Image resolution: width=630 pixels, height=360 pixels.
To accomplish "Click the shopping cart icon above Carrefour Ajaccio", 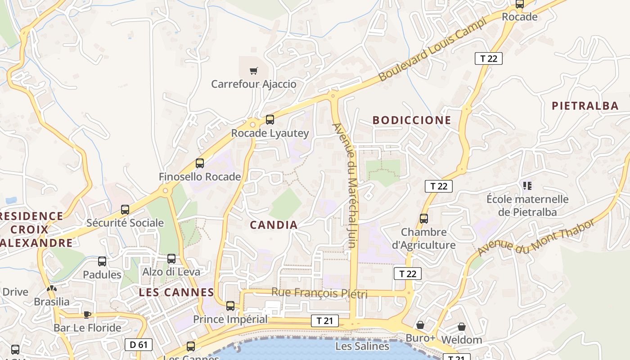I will tap(254, 71).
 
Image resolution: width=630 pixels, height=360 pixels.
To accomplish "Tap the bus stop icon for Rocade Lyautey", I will tap(270, 120).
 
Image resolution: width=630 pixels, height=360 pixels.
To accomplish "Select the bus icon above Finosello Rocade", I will tap(200, 163).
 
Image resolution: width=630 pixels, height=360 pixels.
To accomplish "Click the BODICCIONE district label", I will tap(412, 120).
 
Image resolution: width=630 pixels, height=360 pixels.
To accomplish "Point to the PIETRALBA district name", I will tap(585, 106).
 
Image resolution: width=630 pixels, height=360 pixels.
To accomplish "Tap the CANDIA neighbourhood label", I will tap(274, 225).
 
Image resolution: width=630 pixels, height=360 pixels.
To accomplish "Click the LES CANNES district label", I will tap(176, 292).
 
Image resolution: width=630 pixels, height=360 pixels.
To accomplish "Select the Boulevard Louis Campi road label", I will tap(432, 49).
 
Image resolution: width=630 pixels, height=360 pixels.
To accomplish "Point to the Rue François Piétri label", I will tap(319, 293).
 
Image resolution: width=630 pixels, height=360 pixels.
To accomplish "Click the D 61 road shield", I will tap(139, 345).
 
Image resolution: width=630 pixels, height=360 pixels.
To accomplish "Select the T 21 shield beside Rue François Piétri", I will tap(324, 321).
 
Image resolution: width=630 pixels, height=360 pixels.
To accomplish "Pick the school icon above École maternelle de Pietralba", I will tap(527, 185).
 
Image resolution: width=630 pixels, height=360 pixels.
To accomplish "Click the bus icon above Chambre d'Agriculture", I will tap(424, 219).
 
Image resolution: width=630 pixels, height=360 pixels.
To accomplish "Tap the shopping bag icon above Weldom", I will tap(462, 327).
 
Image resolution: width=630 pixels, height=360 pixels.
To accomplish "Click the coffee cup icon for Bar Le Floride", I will tap(87, 314).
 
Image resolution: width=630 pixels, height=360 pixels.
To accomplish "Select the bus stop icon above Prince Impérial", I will tap(230, 306).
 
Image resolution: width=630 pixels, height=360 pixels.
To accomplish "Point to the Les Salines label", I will tap(362, 346).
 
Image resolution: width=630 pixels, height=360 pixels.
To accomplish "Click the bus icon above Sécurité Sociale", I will tap(125, 210).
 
